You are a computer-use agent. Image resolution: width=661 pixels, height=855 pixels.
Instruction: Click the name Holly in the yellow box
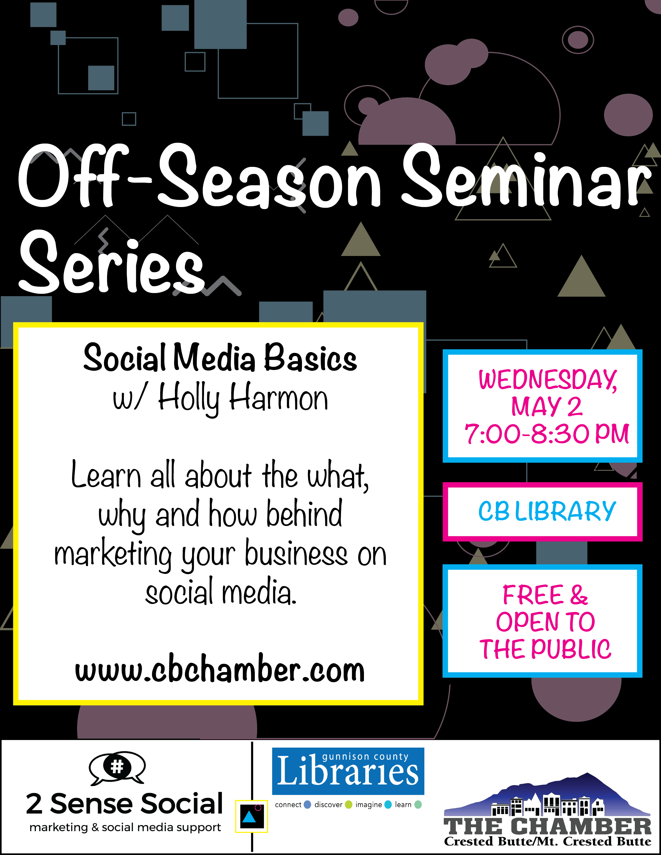(x=189, y=398)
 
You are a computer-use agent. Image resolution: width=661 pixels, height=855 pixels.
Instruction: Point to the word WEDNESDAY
(x=548, y=380)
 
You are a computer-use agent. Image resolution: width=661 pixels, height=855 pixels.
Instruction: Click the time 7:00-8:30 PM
(x=547, y=434)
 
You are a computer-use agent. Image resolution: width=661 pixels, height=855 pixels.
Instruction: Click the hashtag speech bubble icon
(x=117, y=768)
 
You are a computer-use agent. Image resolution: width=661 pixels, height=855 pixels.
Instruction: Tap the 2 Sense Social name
(x=124, y=804)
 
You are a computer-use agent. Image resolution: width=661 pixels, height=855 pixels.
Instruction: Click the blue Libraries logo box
(x=348, y=771)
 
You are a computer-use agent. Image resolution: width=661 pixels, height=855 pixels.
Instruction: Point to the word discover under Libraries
(x=328, y=804)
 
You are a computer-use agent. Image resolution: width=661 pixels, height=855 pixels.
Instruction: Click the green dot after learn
(x=418, y=804)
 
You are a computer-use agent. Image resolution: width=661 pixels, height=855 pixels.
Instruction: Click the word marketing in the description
(x=113, y=555)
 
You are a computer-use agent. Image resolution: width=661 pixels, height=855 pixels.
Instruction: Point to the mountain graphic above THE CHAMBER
(x=547, y=795)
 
